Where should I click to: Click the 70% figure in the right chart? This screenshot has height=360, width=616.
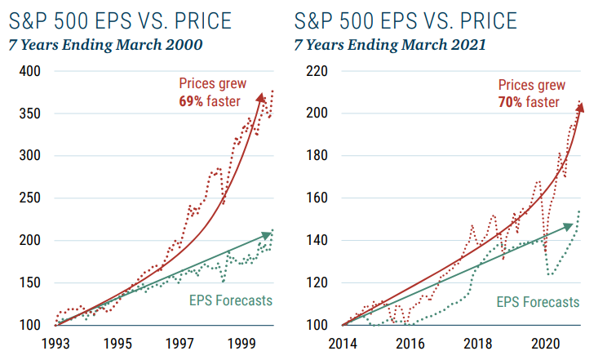(x=508, y=102)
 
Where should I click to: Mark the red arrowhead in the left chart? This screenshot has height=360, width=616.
(x=261, y=98)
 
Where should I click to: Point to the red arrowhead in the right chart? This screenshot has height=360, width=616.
(x=579, y=109)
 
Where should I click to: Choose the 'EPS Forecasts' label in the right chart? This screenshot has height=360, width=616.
(x=538, y=301)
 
